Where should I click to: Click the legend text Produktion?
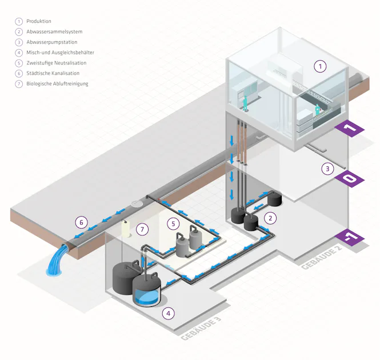39,21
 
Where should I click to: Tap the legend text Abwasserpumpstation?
51,42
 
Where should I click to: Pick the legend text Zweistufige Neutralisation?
55,63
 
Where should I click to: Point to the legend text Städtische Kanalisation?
53,73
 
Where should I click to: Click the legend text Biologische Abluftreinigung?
57,83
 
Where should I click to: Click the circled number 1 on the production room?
321,66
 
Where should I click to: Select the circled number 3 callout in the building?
327,169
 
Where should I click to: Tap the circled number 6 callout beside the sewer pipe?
82,221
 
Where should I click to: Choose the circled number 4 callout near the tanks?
167,313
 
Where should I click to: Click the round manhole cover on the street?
137,203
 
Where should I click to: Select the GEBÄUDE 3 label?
201,330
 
